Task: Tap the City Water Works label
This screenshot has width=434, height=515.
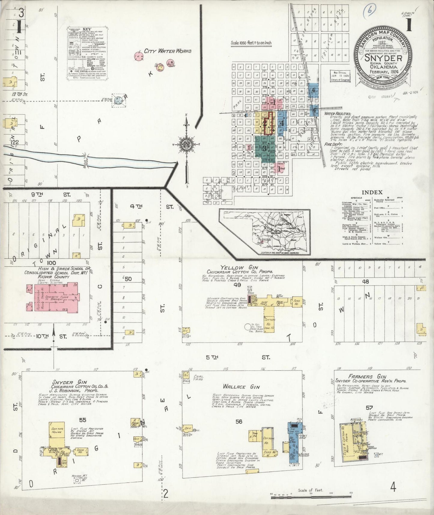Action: pos(167,51)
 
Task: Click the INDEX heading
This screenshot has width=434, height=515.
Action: pos(372,192)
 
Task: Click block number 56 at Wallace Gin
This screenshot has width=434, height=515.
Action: pos(239,422)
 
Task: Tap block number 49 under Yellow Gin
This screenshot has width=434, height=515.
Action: pos(237,285)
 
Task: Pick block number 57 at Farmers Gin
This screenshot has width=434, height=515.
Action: pos(369,408)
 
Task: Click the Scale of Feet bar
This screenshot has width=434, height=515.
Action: pos(311,497)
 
